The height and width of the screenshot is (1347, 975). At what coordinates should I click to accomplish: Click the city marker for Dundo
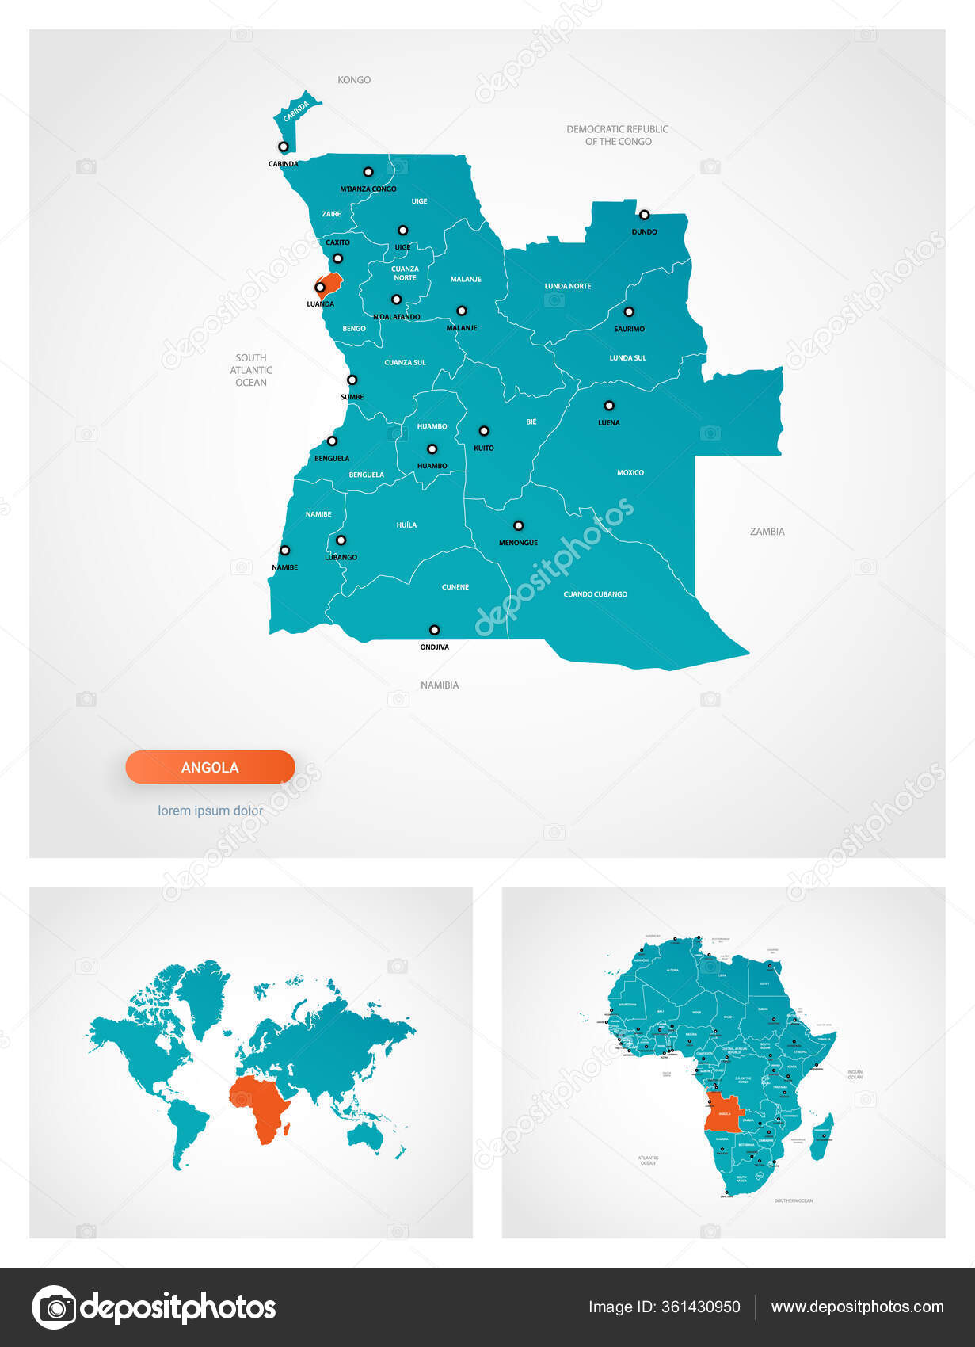pyautogui.click(x=644, y=215)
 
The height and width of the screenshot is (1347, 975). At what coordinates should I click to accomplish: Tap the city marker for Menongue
pyautogui.click(x=518, y=525)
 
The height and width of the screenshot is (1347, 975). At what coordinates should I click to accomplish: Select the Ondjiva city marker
pyautogui.click(x=434, y=630)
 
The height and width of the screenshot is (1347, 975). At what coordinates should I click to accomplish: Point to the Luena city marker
pyautogui.click(x=609, y=406)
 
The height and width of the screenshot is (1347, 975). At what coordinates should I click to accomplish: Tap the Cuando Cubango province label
pyautogui.click(x=595, y=594)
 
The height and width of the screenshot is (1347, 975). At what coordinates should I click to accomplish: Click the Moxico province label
pyautogui.click(x=630, y=473)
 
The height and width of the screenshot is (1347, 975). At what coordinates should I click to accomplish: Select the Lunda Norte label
pyautogui.click(x=568, y=286)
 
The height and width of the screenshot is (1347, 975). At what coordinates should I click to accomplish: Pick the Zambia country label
pyautogui.click(x=767, y=532)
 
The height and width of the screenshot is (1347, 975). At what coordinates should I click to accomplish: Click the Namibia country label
pyautogui.click(x=440, y=685)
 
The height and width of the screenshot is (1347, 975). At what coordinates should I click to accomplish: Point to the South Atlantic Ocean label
pyautogui.click(x=251, y=370)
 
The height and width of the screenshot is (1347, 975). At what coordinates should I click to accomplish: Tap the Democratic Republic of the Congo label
pyautogui.click(x=618, y=135)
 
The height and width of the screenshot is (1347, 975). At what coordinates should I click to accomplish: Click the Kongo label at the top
pyautogui.click(x=354, y=80)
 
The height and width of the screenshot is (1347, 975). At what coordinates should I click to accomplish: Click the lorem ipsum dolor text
pyautogui.click(x=210, y=811)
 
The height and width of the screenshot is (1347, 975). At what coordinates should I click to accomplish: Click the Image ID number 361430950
pyautogui.click(x=700, y=1307)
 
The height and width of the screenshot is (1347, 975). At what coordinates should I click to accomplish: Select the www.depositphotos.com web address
pyautogui.click(x=857, y=1307)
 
